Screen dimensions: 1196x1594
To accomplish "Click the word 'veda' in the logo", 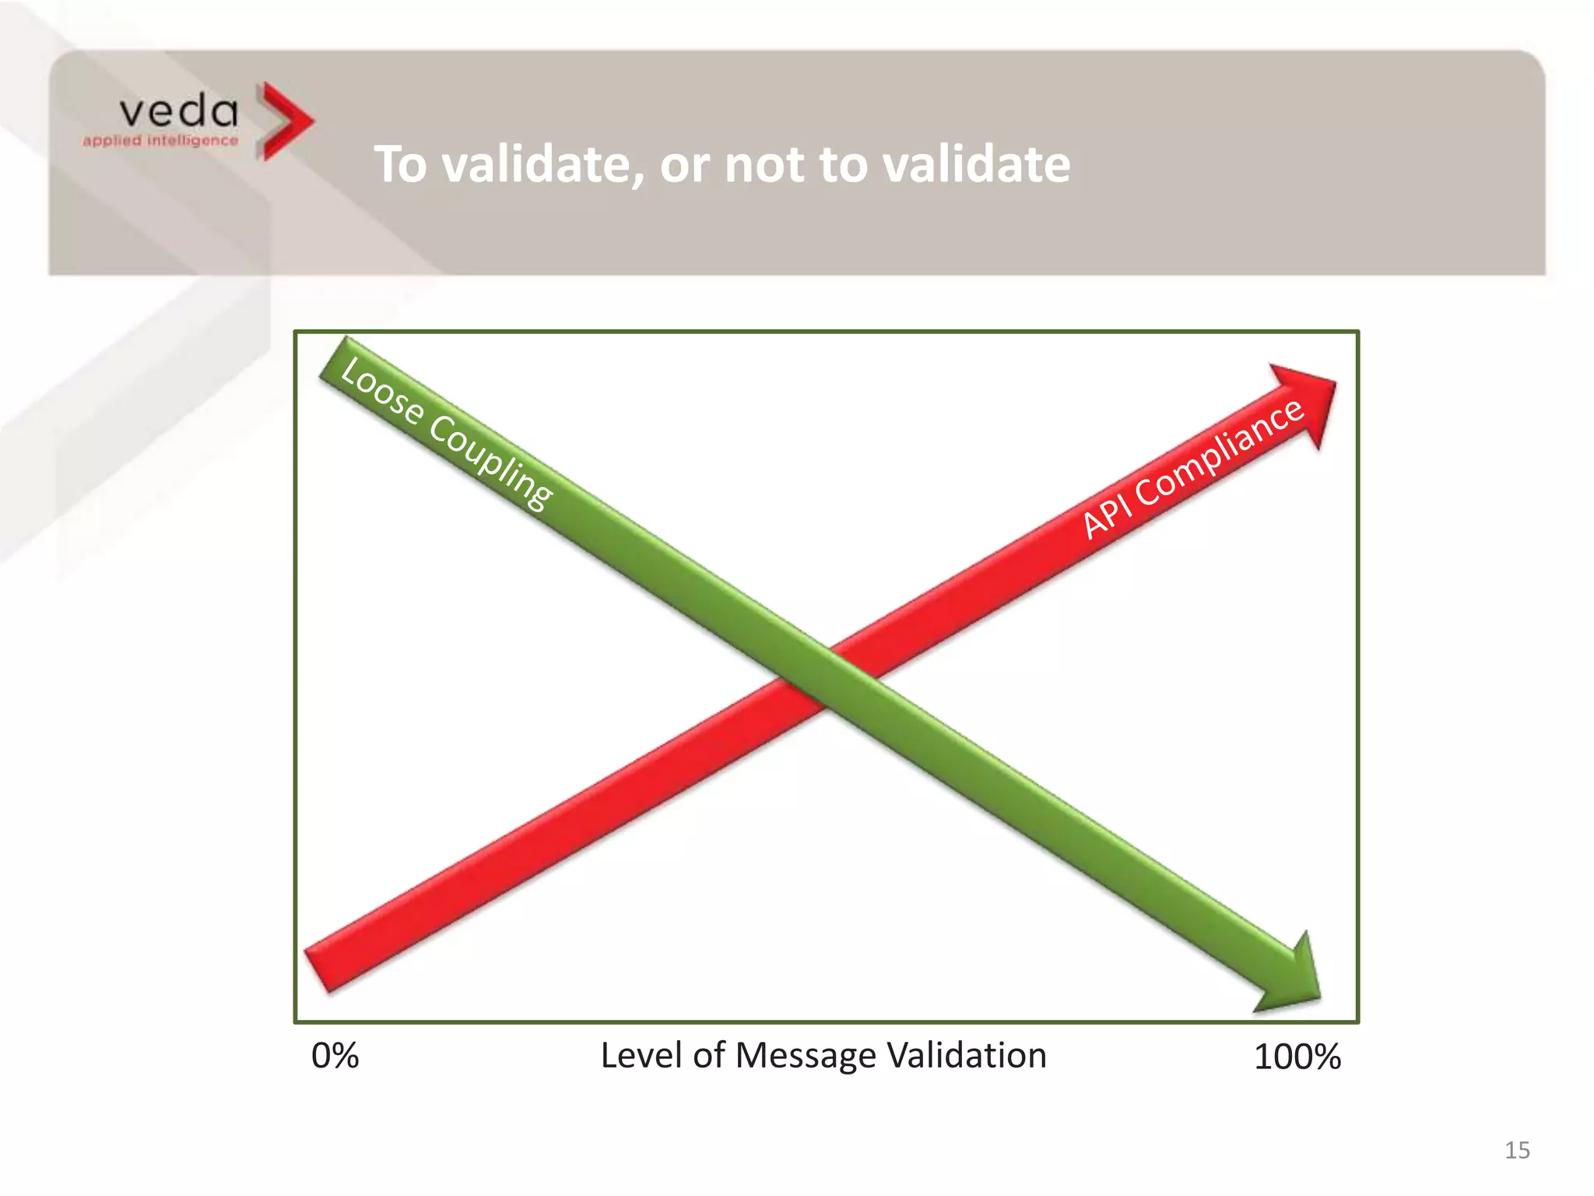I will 178,112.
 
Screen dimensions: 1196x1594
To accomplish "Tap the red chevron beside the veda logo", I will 285,121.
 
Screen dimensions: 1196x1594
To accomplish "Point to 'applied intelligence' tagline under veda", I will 160,141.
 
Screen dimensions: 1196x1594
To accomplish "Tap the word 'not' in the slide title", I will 764,166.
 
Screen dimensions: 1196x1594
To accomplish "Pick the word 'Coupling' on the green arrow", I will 491,463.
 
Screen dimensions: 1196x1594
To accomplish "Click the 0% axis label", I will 335,1057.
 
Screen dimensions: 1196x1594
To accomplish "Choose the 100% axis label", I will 1297,1057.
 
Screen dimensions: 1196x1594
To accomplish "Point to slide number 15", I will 1517,1150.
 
